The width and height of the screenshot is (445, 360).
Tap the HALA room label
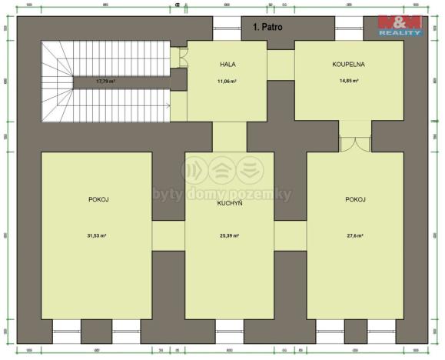(x=227, y=64)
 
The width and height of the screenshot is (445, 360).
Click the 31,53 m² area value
(x=103, y=236)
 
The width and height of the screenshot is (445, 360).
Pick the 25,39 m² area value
(x=228, y=236)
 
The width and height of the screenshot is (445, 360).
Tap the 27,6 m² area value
(x=354, y=236)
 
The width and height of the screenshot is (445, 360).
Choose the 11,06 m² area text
(x=227, y=80)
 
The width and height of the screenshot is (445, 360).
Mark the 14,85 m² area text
(x=348, y=80)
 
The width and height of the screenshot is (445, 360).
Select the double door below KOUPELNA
(x=354, y=144)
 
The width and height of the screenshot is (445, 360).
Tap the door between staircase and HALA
(x=183, y=59)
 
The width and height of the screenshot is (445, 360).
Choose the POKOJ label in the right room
(x=354, y=198)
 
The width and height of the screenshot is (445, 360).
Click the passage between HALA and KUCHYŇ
(x=228, y=136)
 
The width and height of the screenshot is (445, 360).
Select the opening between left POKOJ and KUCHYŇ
(x=168, y=233)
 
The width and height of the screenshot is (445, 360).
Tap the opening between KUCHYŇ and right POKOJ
(x=290, y=233)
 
